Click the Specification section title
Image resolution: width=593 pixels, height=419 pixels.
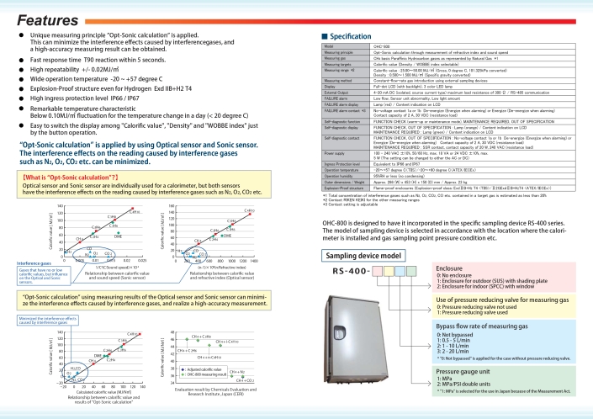coord(354,37)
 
